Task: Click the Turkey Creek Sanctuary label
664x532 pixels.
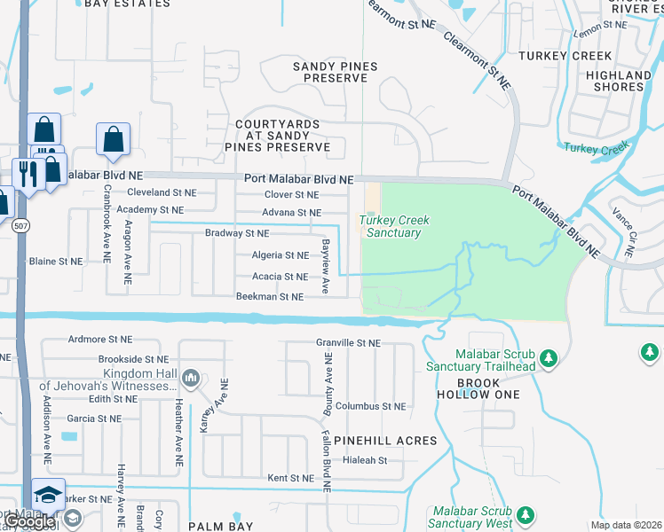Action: click(390, 226)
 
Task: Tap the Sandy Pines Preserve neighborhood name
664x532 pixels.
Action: click(330, 73)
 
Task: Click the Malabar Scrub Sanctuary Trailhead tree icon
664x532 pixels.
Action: click(549, 357)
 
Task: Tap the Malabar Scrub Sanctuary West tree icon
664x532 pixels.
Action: click(526, 514)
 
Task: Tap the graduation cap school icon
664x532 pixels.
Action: click(48, 494)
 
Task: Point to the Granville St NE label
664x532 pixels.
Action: click(348, 342)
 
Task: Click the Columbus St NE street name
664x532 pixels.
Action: click(370, 406)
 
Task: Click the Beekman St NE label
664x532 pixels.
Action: click(270, 297)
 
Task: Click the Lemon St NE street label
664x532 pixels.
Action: click(600, 31)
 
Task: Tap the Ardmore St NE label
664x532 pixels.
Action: click(100, 340)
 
